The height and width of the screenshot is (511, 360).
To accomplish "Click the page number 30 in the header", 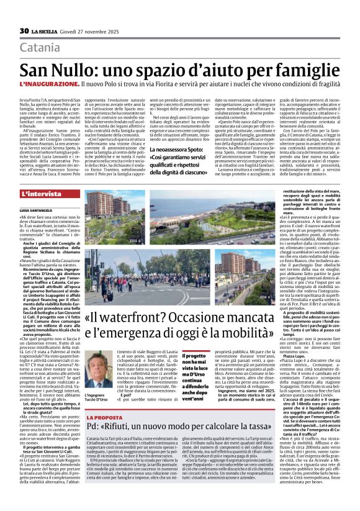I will coord(24,30).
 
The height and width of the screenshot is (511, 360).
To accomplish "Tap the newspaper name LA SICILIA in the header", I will coord(50,30).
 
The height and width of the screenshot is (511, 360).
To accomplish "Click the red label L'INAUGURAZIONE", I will coord(49,83).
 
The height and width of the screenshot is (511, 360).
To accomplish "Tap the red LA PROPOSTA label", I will coord(105,418).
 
